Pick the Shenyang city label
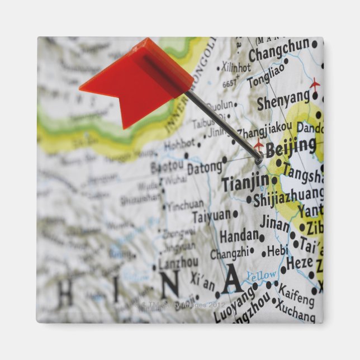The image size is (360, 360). [x=283, y=102]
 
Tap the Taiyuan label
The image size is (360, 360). [x=211, y=216]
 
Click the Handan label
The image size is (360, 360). [x=239, y=236]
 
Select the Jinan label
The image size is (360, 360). [x=274, y=224]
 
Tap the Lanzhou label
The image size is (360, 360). [x=178, y=262]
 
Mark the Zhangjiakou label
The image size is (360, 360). [x=264, y=130]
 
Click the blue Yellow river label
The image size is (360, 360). [x=261, y=275]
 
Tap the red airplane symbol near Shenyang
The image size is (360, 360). [x=315, y=84]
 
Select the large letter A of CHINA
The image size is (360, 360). [x=231, y=280]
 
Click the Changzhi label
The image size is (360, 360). [x=228, y=254]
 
